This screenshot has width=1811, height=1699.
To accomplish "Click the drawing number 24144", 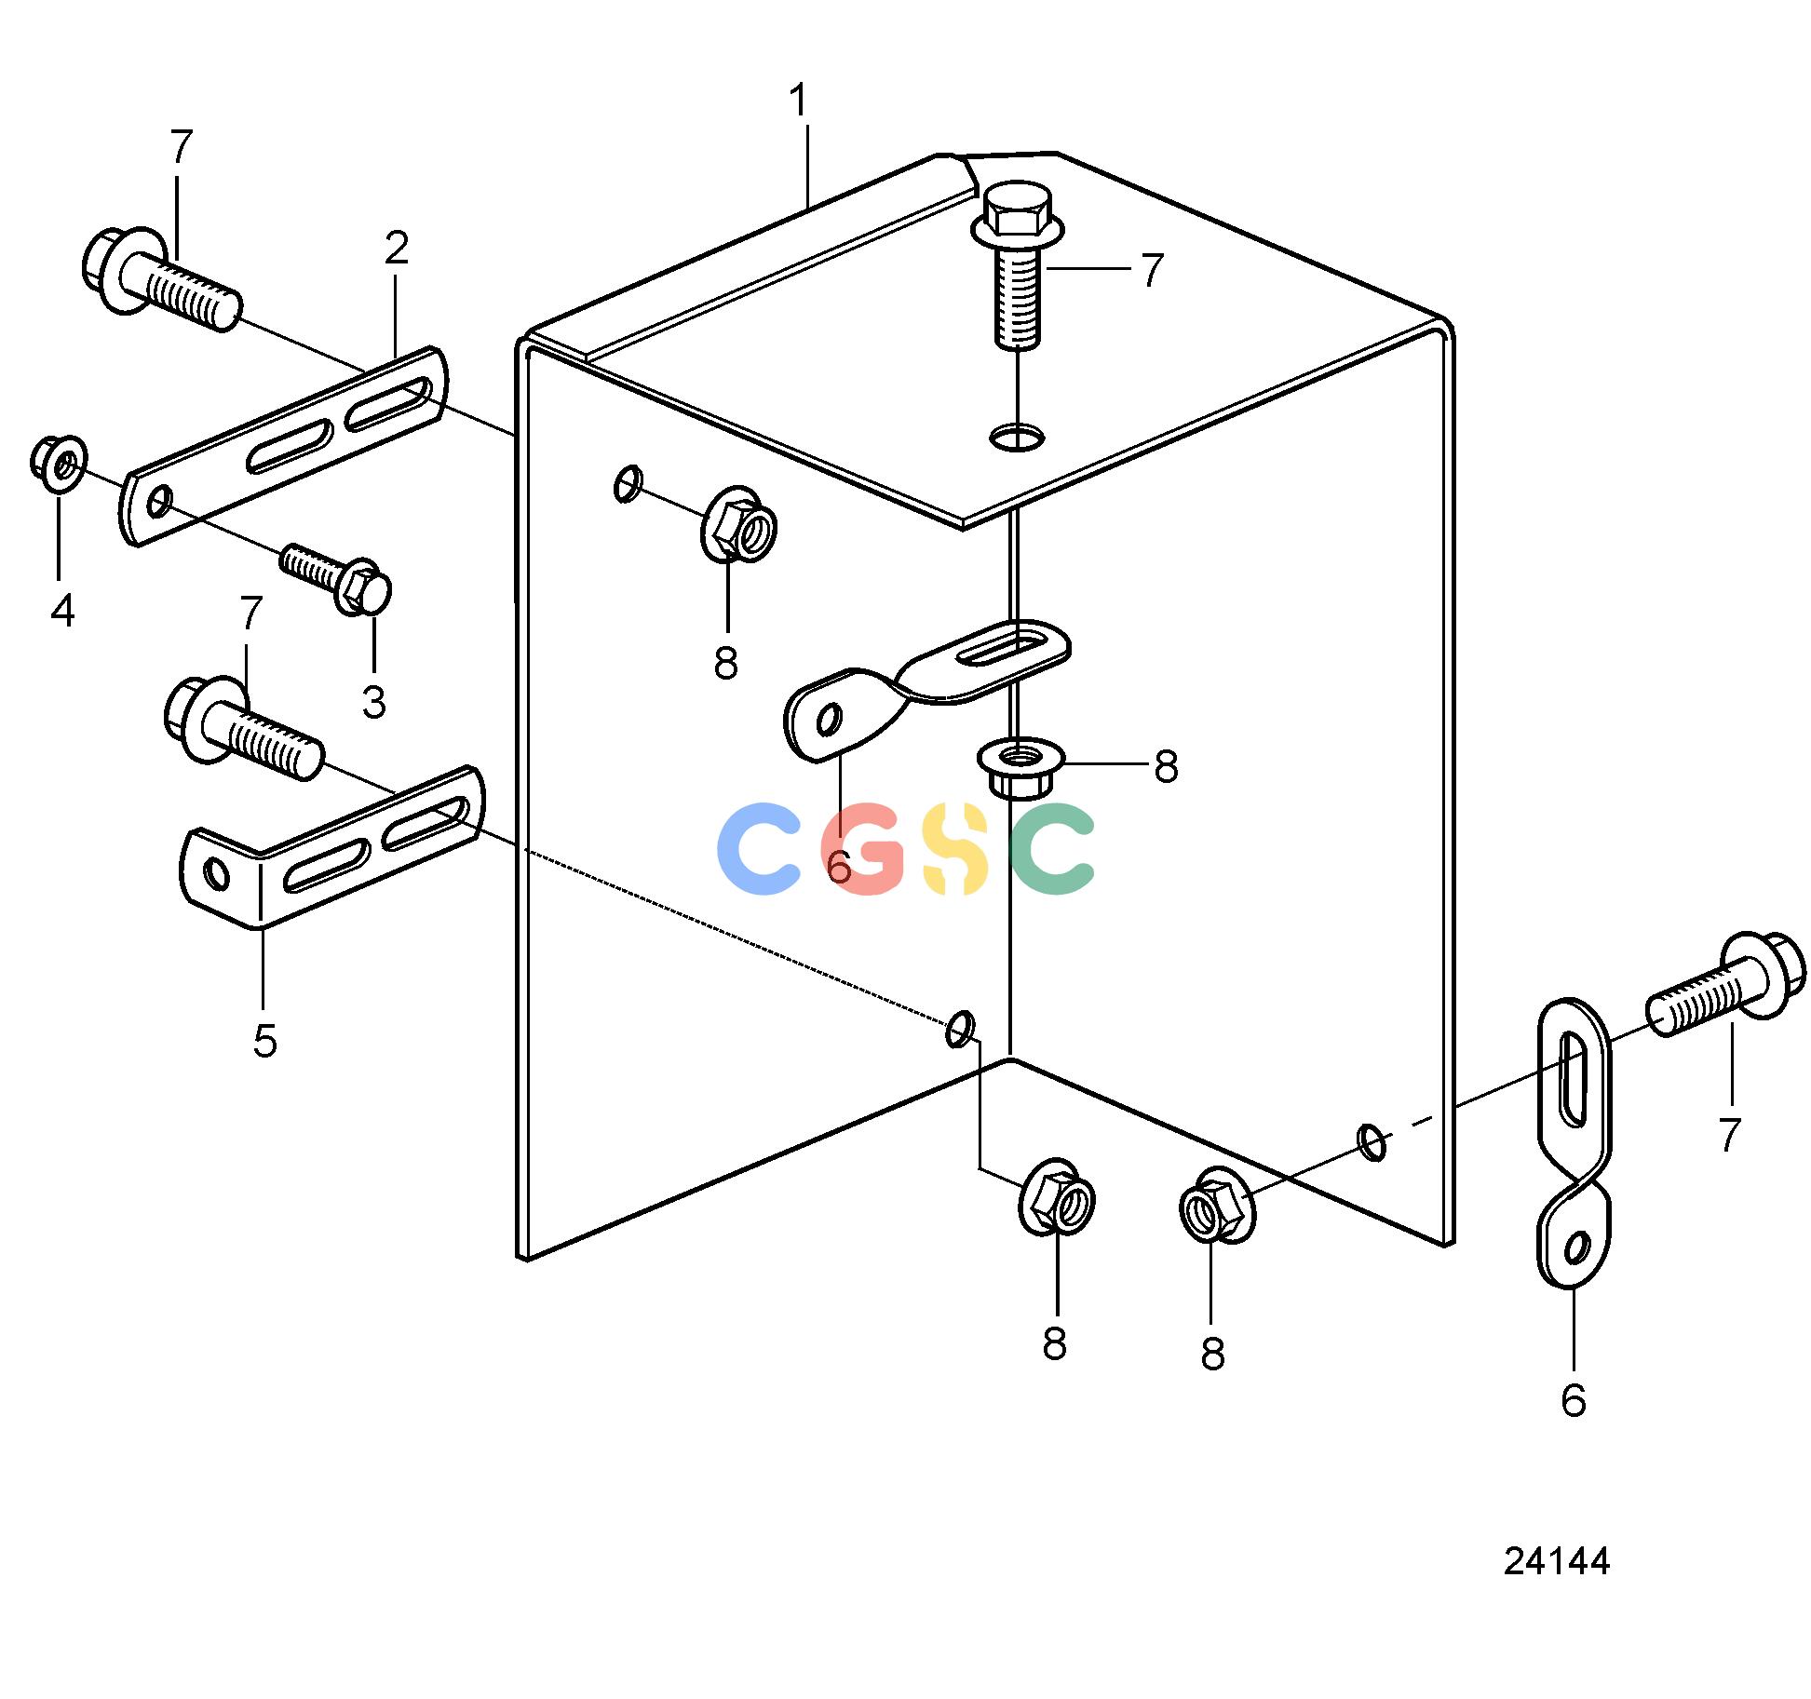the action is click(x=1556, y=1561).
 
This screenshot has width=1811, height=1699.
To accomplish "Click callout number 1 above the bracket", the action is click(x=799, y=101).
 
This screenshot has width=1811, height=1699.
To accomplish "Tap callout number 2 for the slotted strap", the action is click(x=397, y=249).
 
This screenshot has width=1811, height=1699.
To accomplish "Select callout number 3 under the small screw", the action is click(x=374, y=703).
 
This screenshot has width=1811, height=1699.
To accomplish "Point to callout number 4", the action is click(x=62, y=611).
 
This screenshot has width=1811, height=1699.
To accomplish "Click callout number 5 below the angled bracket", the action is click(x=265, y=1041).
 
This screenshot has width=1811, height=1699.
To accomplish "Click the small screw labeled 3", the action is click(x=336, y=579).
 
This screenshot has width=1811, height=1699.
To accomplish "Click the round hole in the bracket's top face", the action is click(x=1018, y=436).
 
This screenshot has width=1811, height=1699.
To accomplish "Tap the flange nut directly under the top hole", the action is click(x=1020, y=766).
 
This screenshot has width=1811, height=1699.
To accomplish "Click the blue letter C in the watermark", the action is click(x=758, y=849).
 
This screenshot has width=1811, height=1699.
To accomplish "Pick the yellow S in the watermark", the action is click(x=954, y=849).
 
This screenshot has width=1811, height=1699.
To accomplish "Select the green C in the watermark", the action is click(x=1052, y=849).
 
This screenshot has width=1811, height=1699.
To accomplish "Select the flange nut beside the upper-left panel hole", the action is click(x=738, y=524).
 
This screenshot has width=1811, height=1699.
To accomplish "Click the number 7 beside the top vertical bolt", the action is click(x=1153, y=271).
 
